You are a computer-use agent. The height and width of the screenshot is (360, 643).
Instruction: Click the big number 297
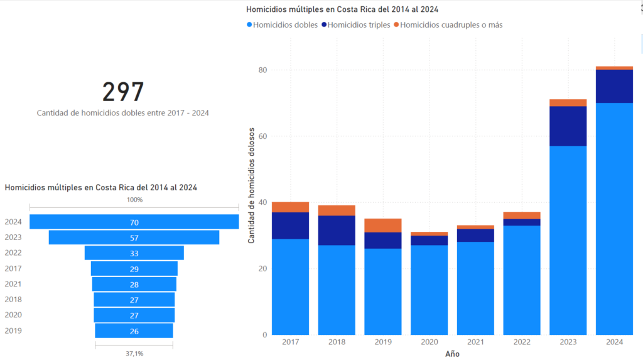[123, 92]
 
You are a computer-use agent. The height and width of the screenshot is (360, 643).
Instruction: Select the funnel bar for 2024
[134, 222]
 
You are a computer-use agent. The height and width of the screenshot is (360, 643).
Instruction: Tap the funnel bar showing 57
[134, 237]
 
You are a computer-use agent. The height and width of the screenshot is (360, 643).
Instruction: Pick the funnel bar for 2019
[134, 331]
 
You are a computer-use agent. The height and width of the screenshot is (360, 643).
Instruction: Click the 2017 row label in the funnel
[13, 268]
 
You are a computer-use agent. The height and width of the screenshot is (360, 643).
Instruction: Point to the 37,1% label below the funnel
[134, 354]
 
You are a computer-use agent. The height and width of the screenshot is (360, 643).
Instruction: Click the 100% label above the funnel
[134, 200]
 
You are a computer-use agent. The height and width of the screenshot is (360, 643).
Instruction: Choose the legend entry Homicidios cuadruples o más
[450, 25]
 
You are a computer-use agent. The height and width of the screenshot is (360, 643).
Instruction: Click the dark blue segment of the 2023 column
[568, 126]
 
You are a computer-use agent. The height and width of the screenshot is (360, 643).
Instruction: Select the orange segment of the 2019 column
[382, 225]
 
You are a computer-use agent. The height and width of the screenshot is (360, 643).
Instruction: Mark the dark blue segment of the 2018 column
[337, 230]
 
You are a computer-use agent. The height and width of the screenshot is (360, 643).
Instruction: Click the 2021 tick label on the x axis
[475, 342]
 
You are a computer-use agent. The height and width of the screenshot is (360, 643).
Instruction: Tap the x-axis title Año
[452, 354]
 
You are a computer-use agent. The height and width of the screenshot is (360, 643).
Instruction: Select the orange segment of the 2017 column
[290, 207]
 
